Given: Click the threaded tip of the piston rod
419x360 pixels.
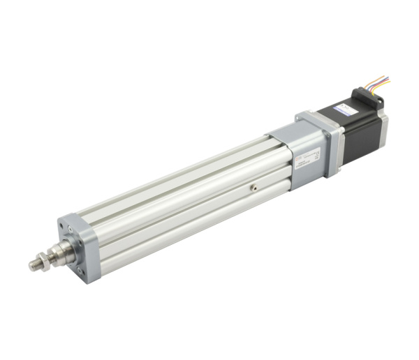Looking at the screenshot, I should coord(36,265).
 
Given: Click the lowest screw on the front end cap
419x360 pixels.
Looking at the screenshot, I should coord(79,270).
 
